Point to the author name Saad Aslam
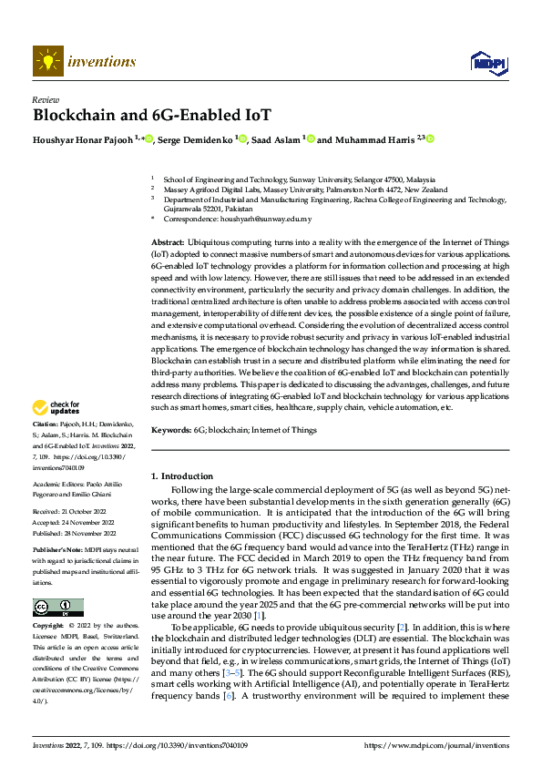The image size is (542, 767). coord(277,139)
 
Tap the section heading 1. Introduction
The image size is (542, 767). coord(181,476)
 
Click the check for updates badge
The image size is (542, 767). coord(56,409)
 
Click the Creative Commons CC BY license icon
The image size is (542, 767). coord(57,608)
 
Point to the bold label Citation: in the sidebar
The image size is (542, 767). coord(45,425)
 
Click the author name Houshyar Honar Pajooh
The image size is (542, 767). coord(83,139)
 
